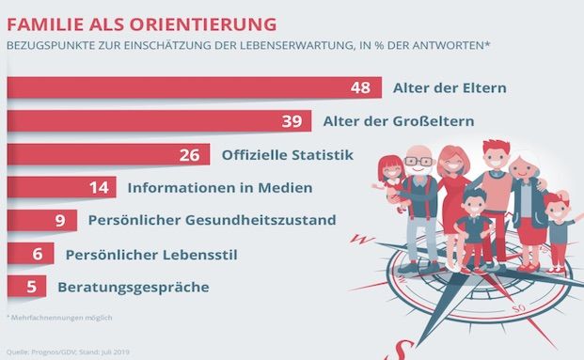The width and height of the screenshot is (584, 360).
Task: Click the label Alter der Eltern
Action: point(450,88)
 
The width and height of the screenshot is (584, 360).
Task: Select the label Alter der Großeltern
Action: point(399,121)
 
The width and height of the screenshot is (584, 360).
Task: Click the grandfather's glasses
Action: point(420,163)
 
